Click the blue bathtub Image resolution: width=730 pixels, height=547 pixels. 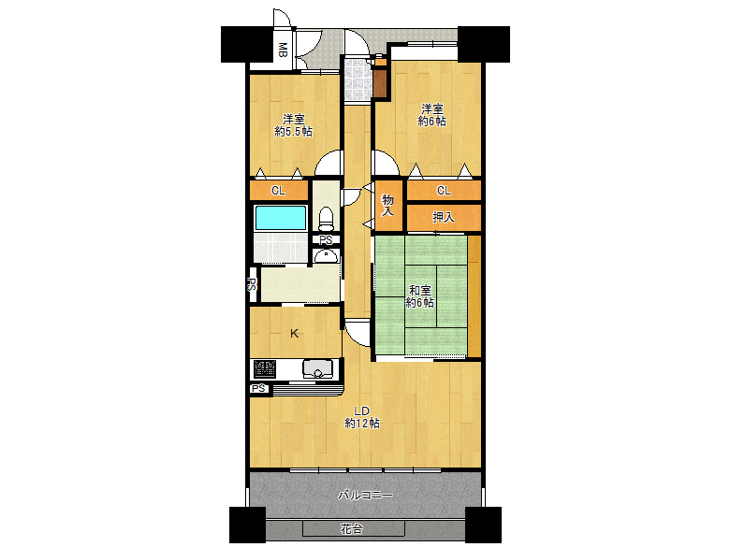pos(281,217)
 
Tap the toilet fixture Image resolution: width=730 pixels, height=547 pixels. pos(326,219)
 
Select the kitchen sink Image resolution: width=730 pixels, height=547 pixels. pos(318,368)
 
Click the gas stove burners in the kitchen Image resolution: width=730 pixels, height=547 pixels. pos(265,369)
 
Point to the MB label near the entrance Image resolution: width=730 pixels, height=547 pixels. pos(282,50)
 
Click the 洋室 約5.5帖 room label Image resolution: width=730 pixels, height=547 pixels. pos(293,125)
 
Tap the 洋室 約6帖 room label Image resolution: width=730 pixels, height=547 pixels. pos(432,115)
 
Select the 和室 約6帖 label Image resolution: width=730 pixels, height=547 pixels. pos(419,296)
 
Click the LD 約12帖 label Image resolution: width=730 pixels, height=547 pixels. pos(362,417)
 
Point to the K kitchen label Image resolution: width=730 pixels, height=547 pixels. pos(294,334)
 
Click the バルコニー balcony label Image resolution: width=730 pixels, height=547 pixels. pos(365,495)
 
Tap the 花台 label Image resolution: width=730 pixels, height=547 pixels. pos(352,529)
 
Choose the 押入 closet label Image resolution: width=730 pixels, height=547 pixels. pos(444,217)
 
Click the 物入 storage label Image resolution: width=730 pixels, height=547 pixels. pos(387,206)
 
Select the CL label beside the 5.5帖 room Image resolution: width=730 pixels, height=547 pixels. pos(278,191)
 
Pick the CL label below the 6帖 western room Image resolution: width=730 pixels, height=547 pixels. pos(444,191)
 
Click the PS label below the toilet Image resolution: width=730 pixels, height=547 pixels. pos(326,240)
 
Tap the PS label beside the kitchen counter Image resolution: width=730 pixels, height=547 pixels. pos(259,388)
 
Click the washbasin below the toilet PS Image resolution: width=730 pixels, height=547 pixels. pos(326,256)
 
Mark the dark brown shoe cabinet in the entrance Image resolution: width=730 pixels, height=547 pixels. pos(381,82)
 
